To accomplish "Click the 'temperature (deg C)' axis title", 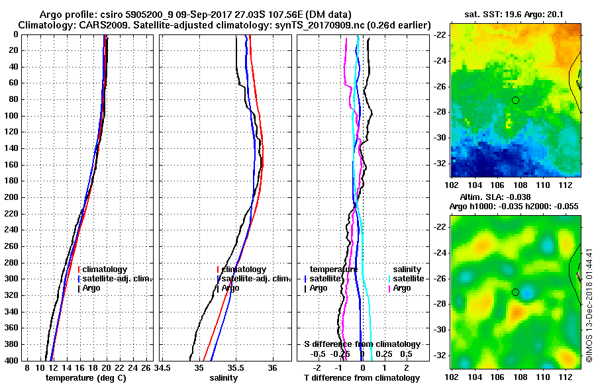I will pyautogui.click(x=85, y=378).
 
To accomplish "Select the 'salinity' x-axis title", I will pyautogui.click(x=224, y=378).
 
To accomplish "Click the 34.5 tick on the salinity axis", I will pyautogui.click(x=164, y=367).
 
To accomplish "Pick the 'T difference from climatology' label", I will pyautogui.click(x=362, y=378).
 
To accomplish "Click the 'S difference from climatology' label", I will pyautogui.click(x=362, y=344).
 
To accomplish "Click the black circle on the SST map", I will pyautogui.click(x=515, y=100).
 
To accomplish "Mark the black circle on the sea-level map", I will pyautogui.click(x=515, y=292).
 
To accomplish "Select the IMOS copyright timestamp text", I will pyautogui.click(x=589, y=305).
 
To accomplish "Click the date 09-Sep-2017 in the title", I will pyautogui.click(x=183, y=15).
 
